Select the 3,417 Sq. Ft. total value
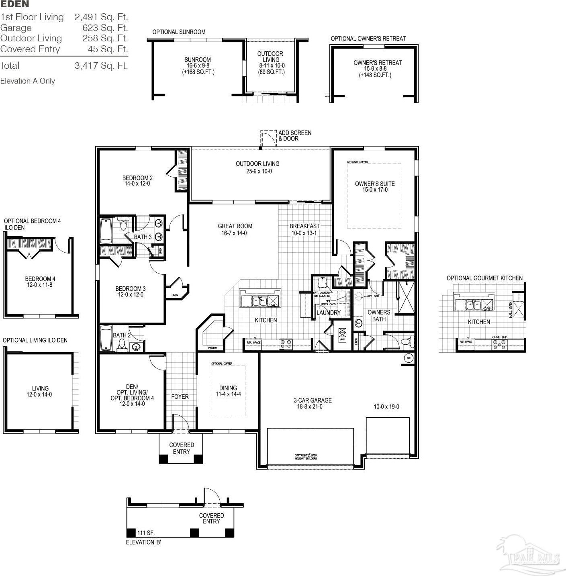pyautogui.click(x=101, y=66)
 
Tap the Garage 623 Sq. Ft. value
pyautogui.click(x=101, y=28)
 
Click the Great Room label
pyautogui.click(x=235, y=226)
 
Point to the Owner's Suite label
pyautogui.click(x=375, y=184)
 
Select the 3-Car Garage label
pyautogui.click(x=313, y=400)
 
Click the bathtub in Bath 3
pyautogui.click(x=106, y=231)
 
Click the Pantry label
pyautogui.click(x=213, y=348)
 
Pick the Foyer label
pyautogui.click(x=180, y=397)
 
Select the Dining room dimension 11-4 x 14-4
pyautogui.click(x=228, y=394)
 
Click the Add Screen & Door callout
pyautogui.click(x=295, y=136)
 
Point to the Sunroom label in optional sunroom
pyautogui.click(x=198, y=60)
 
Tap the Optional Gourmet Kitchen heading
pyautogui.click(x=484, y=278)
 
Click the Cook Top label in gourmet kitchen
pyautogui.click(x=499, y=337)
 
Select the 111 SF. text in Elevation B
pyautogui.click(x=146, y=533)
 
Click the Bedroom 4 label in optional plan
pyautogui.click(x=40, y=279)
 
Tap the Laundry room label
pyautogui.click(x=328, y=313)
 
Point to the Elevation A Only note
pyautogui.click(x=27, y=81)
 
